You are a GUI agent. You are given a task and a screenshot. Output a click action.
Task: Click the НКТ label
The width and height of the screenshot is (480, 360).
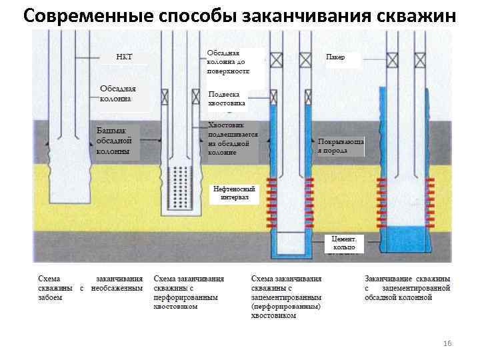tap(124, 57)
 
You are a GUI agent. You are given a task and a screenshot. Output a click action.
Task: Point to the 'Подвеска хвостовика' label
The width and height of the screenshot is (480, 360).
tap(227, 99)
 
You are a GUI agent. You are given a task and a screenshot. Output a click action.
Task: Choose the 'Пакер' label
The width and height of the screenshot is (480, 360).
tap(336, 57)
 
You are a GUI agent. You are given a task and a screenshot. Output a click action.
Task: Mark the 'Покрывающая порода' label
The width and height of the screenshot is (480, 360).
tap(340, 147)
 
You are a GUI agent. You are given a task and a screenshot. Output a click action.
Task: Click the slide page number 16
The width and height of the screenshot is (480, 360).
tap(447, 343)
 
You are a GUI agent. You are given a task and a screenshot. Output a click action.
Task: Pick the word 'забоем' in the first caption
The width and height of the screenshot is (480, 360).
tap(50, 297)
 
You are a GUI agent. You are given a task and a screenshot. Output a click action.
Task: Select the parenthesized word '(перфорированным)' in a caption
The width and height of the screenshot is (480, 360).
tap(286, 307)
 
